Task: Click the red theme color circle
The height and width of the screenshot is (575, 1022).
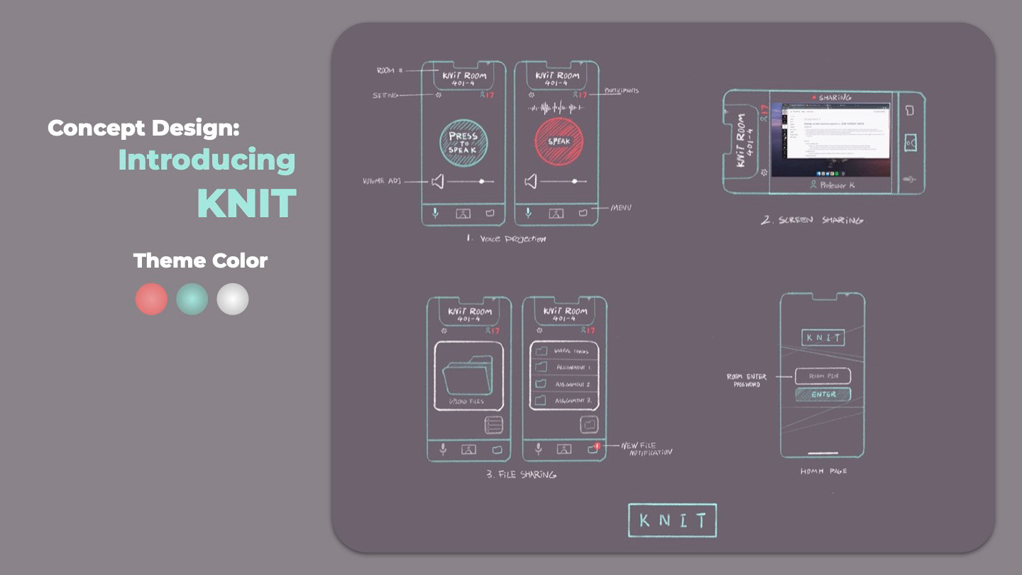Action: coord(151,299)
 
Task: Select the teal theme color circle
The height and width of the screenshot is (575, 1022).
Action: coord(192,299)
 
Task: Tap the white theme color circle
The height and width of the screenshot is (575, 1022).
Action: coord(233,299)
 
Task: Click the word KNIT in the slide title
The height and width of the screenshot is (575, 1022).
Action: coord(246,204)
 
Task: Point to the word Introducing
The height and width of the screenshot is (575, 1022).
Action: coord(207,160)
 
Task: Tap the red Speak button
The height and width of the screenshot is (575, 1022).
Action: coord(559,141)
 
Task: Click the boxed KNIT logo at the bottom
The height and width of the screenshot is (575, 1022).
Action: coord(672,520)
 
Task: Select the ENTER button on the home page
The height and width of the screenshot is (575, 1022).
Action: coord(823,394)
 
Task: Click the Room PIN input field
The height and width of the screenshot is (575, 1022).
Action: coord(823,376)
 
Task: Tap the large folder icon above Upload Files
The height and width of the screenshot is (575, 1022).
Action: coord(468,375)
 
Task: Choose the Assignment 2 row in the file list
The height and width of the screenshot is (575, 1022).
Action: coord(564,384)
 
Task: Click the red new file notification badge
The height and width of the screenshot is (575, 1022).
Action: coord(597,446)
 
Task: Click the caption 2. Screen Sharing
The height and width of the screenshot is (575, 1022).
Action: coord(812,220)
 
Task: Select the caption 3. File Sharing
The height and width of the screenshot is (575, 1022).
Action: coord(521,474)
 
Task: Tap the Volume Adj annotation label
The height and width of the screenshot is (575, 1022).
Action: coord(382,181)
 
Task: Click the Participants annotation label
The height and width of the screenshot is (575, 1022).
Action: coord(621,91)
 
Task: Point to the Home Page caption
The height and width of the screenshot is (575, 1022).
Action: coord(823,471)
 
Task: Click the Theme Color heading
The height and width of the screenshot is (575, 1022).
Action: coord(200,261)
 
